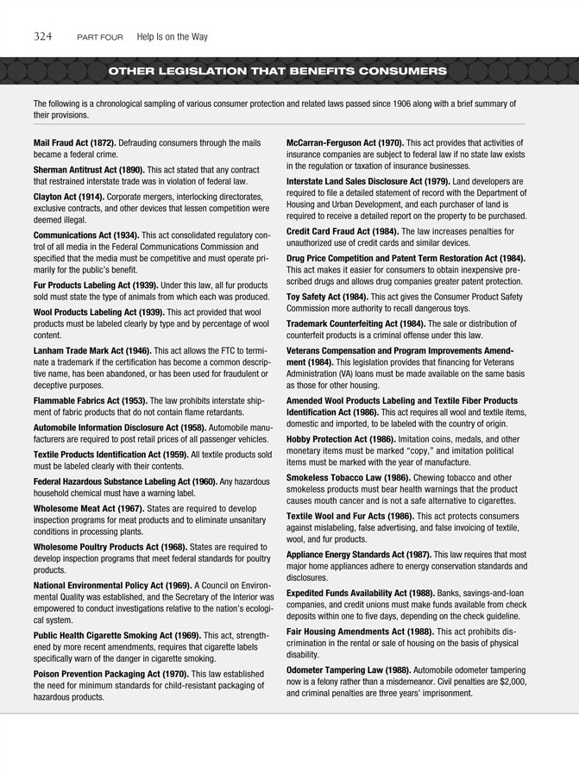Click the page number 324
tap(44, 36)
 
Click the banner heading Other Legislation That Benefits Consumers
tap(278, 70)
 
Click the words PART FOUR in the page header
tap(99, 37)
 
